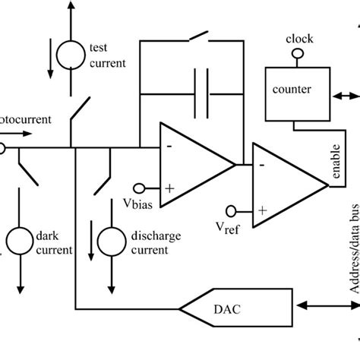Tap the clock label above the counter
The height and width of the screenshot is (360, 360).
tap(299, 38)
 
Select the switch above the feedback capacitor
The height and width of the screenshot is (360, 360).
tap(199, 36)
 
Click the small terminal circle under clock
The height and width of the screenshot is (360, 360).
tap(299, 52)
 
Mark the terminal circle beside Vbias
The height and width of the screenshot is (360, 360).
tap(140, 188)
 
